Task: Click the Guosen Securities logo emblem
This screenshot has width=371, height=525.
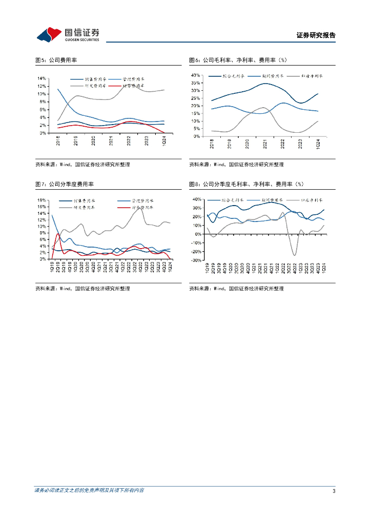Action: [x=48, y=34]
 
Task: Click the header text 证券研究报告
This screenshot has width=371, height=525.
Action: [x=316, y=35]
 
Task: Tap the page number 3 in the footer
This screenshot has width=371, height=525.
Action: [x=334, y=491]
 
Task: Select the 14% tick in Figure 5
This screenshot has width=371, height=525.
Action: [x=42, y=78]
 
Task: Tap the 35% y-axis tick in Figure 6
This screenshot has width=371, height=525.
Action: [x=195, y=83]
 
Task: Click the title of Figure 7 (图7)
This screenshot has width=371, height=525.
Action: [x=68, y=184]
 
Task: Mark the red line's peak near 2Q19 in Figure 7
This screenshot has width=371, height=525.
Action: [x=58, y=234]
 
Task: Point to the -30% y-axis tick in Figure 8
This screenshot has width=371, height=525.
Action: [x=195, y=260]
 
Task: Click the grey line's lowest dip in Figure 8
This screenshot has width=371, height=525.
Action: [x=295, y=255]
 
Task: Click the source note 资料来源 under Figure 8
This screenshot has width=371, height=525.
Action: [x=236, y=289]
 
